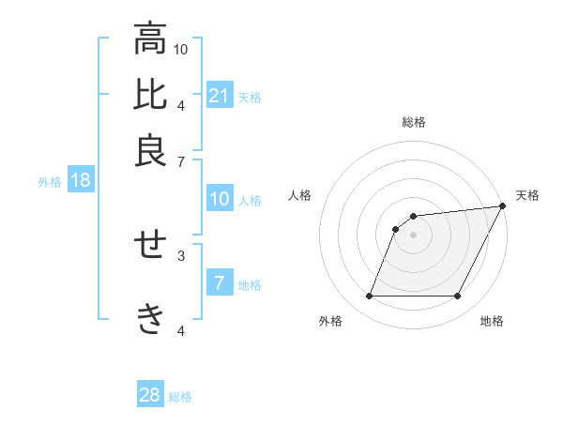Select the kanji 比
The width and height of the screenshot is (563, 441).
pos(150,95)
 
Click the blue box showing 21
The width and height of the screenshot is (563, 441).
pos(220,96)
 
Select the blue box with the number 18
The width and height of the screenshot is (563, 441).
pos(81,181)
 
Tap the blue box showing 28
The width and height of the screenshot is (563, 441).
pos(150,395)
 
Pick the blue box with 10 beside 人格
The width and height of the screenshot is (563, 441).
pos(220,199)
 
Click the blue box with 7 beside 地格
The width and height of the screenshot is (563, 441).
pos(220,282)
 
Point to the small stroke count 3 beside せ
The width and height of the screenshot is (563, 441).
pos(181,253)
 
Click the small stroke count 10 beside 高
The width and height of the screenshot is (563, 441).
pos(181,48)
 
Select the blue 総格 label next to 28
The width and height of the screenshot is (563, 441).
pos(180,397)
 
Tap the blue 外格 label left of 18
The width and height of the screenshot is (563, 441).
pos(50,182)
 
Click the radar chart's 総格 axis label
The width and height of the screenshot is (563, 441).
pos(413,122)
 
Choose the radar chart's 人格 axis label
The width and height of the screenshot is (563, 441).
pos(300,195)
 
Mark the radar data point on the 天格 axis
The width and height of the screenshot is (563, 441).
pos(503,205)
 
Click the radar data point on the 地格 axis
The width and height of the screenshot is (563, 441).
pos(458,297)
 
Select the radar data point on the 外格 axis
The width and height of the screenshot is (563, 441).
pos(369,297)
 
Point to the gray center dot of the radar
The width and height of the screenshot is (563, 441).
pos(413,235)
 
